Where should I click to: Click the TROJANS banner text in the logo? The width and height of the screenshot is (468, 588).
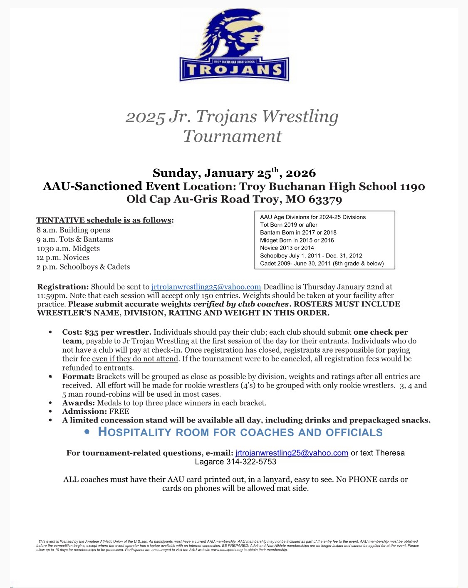pyautogui.click(x=234, y=70)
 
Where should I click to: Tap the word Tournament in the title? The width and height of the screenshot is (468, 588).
pyautogui.click(x=233, y=136)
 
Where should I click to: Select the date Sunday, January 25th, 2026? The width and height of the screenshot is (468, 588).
pyautogui.click(x=234, y=173)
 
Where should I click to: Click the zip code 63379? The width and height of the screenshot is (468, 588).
pyautogui.click(x=325, y=199)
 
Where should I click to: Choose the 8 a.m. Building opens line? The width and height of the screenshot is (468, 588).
pyautogui.click(x=73, y=230)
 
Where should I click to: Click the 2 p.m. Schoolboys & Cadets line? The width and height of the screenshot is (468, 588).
pyautogui.click(x=83, y=267)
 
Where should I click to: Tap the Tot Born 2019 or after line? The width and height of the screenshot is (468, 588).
pyautogui.click(x=289, y=225)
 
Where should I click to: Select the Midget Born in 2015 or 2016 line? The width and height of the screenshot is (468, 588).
pyautogui.click(x=297, y=240)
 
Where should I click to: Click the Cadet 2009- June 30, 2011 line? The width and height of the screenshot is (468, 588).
pyautogui.click(x=322, y=263)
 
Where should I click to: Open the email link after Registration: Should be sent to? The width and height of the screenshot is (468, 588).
pyautogui.click(x=206, y=287)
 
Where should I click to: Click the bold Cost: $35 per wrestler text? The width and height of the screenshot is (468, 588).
pyautogui.click(x=106, y=332)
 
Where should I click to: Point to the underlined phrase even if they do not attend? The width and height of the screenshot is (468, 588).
pyautogui.click(x=135, y=358)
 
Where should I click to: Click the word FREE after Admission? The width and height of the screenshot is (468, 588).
pyautogui.click(x=119, y=411)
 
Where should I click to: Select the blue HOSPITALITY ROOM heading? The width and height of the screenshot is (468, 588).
pyautogui.click(x=240, y=432)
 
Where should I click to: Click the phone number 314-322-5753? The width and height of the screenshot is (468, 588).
pyautogui.click(x=251, y=462)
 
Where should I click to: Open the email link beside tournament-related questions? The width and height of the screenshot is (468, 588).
pyautogui.click(x=292, y=453)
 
